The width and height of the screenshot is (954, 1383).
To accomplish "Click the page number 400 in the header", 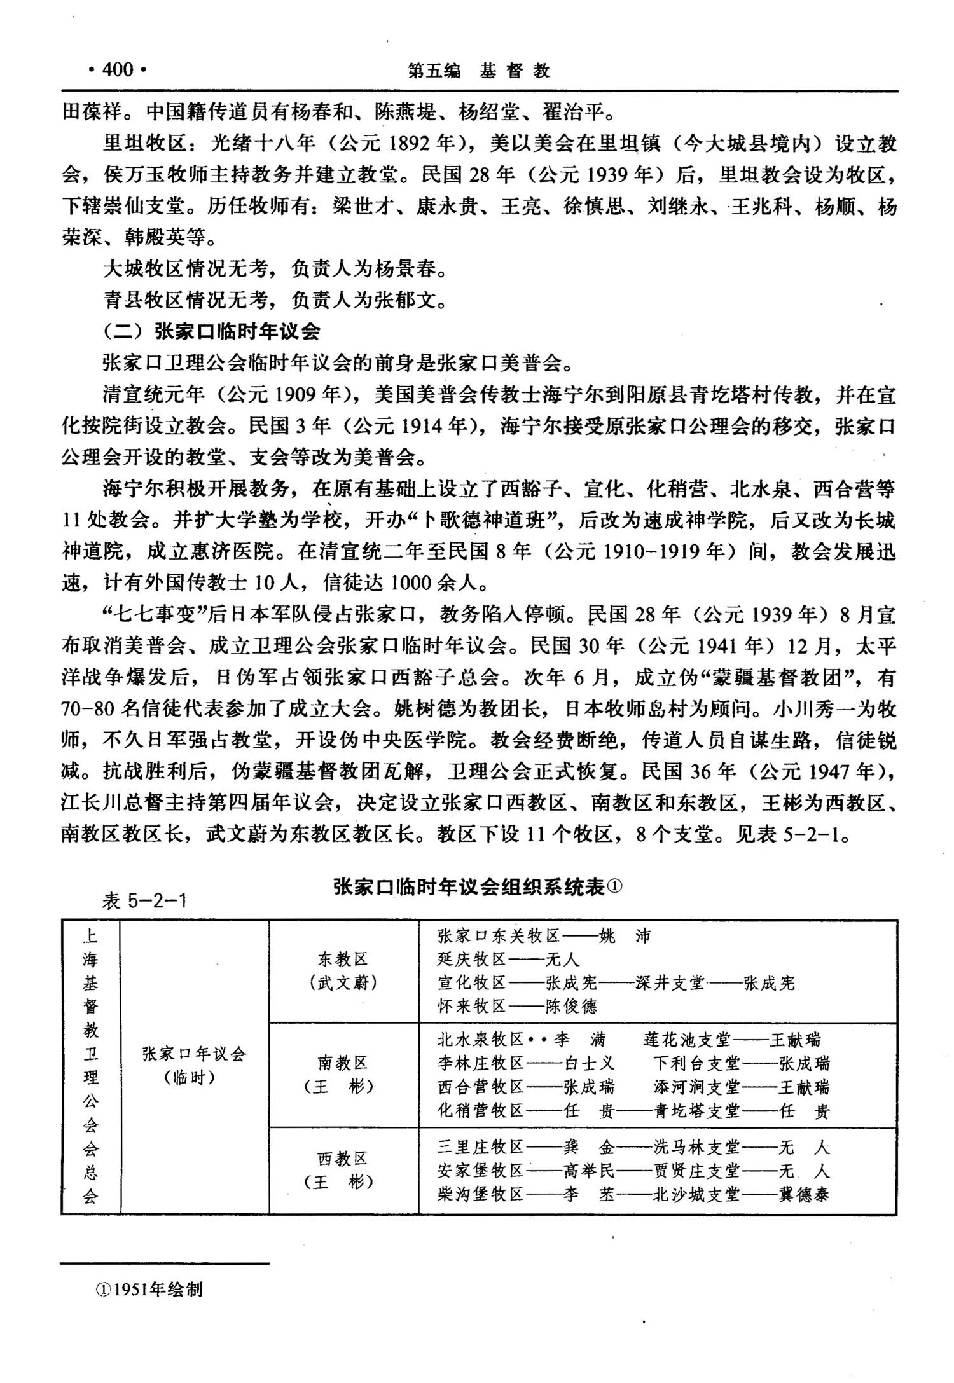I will pyautogui.click(x=117, y=69).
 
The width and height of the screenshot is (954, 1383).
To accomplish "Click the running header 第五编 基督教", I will pyautogui.click(x=478, y=71).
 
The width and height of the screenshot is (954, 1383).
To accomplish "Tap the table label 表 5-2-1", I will pyautogui.click(x=145, y=901).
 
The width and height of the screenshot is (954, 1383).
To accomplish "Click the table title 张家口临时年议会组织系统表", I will pyautogui.click(x=477, y=887).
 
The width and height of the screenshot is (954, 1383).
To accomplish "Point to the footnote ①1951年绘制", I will pyautogui.click(x=149, y=1289).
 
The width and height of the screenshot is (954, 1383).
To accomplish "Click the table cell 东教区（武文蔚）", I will pyautogui.click(x=343, y=971).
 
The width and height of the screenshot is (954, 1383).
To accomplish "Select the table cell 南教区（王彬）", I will pyautogui.click(x=343, y=1075).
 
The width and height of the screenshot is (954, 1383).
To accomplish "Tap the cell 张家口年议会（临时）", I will pyautogui.click(x=194, y=1065).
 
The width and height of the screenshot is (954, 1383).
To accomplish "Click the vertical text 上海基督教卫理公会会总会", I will pyautogui.click(x=90, y=1066).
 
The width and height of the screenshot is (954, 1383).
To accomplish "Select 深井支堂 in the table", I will pyautogui.click(x=670, y=983).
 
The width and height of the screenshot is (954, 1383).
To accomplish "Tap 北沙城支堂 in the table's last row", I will pyautogui.click(x=696, y=1195).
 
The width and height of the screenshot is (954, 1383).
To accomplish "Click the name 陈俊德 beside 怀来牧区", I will pyautogui.click(x=571, y=1007).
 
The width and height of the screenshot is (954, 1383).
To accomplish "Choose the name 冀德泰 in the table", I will pyautogui.click(x=805, y=1195).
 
